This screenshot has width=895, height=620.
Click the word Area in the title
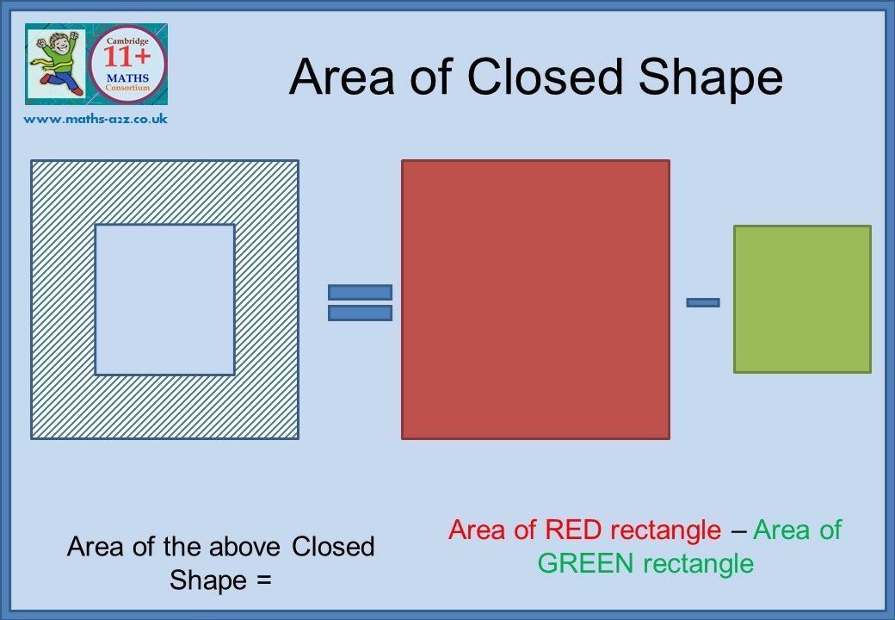coord(342,77)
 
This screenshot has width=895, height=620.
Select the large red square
coord(535,300)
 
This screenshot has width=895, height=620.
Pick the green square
coord(802,299)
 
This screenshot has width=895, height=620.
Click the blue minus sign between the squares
coord(702,302)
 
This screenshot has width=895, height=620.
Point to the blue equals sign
coord(361,302)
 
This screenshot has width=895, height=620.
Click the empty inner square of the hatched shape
coord(165,300)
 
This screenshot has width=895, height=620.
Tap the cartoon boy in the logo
coord(55,63)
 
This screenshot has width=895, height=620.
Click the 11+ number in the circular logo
coord(127,57)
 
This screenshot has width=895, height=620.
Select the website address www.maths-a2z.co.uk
coord(96,119)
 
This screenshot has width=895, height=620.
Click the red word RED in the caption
coord(573,530)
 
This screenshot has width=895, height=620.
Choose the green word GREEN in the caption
coord(586,563)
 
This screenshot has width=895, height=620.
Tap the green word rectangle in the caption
coord(699,565)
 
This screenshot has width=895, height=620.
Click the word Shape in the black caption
coord(207,581)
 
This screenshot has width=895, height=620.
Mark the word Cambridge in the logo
coord(128,41)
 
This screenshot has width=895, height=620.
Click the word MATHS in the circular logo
coord(128,78)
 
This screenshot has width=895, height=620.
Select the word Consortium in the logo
coord(128,88)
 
